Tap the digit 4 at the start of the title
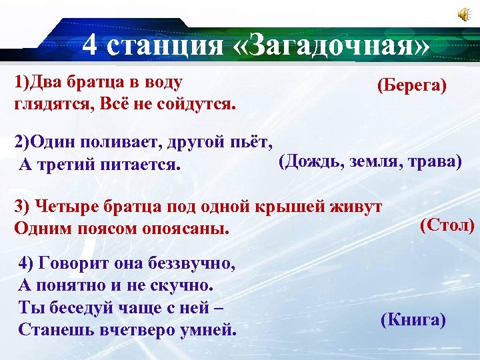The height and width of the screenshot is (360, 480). click(92, 47)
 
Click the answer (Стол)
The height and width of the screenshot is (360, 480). click(447, 225)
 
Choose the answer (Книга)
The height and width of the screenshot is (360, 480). click(413, 320)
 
